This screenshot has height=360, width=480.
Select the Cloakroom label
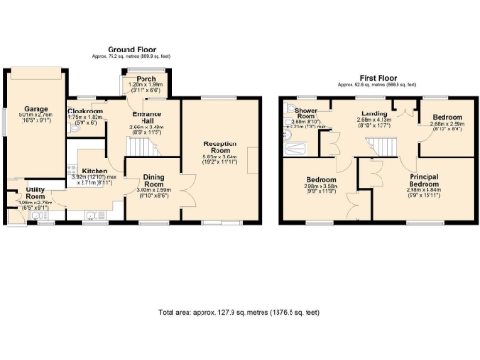pos(85,111)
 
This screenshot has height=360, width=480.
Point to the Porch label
pos(145,79)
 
